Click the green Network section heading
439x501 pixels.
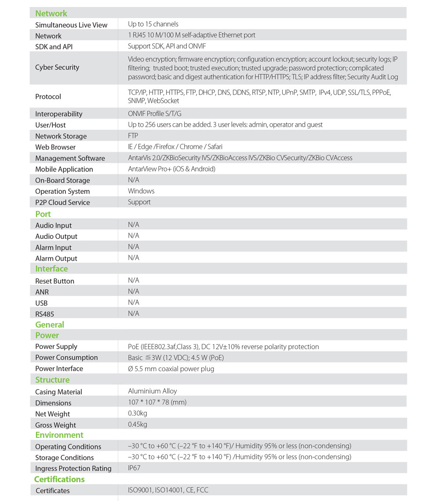coord(51,13)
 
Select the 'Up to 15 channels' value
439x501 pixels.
coord(153,24)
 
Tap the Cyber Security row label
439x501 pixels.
coord(57,68)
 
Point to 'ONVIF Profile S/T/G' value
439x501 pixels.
coord(155,114)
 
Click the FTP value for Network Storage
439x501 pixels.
coord(133,136)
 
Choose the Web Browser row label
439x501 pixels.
coord(55,147)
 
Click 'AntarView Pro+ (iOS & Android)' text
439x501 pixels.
coord(172,169)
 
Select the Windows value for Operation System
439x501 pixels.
coord(141,191)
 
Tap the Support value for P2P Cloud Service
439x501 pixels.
coord(139,202)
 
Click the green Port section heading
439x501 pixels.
coord(43,214)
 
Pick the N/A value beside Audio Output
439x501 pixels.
coord(133,236)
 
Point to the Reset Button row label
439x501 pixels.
coord(54,281)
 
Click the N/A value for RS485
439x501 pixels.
coord(133,313)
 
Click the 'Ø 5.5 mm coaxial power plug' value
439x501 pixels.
coord(171,369)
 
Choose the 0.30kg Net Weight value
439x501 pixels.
coord(137,413)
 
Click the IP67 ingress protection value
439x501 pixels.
coord(134,468)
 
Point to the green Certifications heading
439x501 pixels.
coord(59,479)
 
